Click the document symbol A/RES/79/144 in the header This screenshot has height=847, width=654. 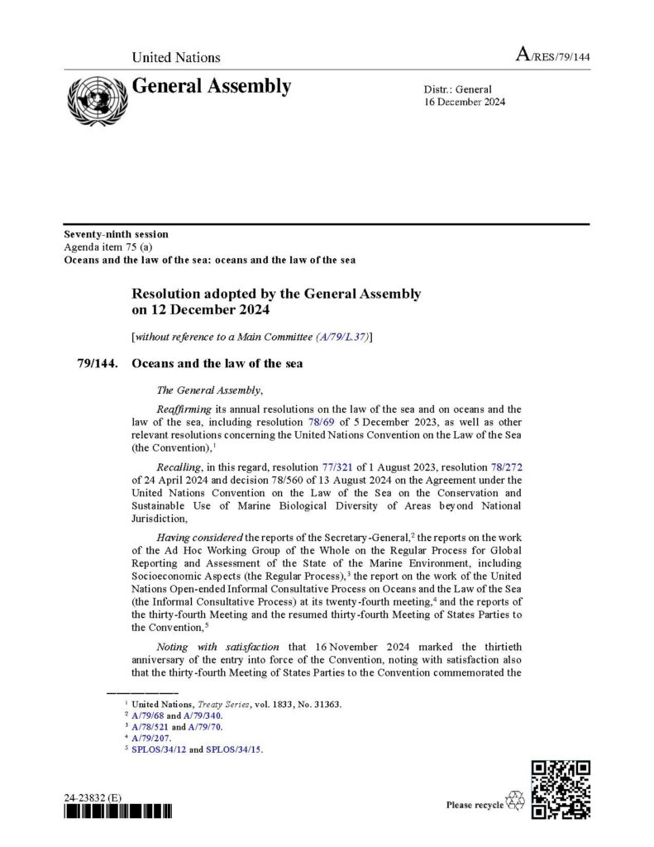tap(552, 56)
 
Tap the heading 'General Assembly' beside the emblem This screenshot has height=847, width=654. tap(212, 86)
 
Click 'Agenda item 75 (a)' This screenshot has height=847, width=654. tap(100, 247)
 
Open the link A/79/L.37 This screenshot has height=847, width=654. tap(344, 337)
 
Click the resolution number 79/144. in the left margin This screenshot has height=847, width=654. tap(98, 363)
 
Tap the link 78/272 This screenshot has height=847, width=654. tap(507, 467)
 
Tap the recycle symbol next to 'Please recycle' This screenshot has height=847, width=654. tap(515, 801)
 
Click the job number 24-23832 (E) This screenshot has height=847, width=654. tap(93, 797)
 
